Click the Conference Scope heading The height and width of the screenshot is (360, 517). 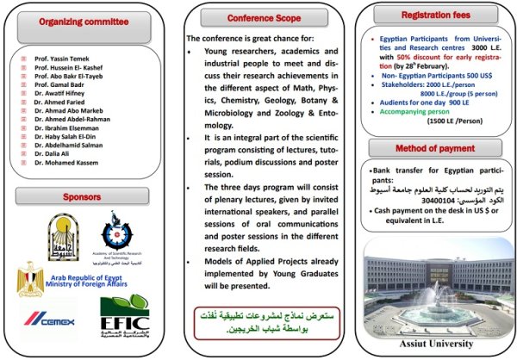pyautogui.click(x=259, y=16)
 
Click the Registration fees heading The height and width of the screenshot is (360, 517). pyautogui.click(x=434, y=15)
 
